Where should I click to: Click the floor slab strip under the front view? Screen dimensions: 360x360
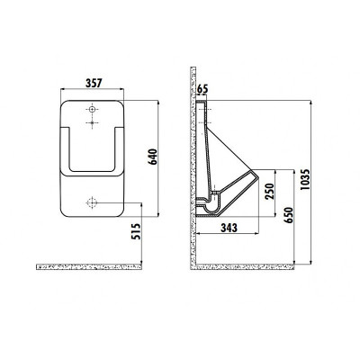pos(90,266)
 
